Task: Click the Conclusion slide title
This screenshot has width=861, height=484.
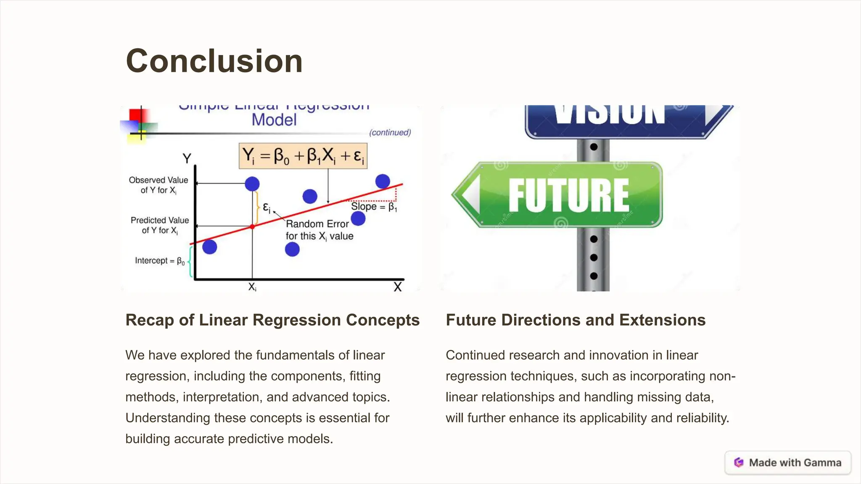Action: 214,61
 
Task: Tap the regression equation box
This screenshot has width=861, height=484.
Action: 303,156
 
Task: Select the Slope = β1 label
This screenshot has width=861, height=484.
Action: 374,207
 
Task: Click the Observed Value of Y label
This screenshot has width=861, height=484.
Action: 158,185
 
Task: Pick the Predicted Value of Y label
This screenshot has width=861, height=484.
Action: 160,225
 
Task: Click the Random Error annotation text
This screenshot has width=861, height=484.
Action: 319,230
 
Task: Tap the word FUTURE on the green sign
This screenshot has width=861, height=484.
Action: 568,195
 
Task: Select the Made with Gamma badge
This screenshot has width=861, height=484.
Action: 788,463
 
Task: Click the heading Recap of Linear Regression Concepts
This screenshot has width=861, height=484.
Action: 272,320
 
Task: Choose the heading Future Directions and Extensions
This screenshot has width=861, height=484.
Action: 576,320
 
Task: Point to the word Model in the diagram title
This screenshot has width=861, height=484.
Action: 274,120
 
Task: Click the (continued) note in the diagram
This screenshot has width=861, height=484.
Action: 390,133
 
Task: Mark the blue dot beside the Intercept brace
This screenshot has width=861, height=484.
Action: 209,247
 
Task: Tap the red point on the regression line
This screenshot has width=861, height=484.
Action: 252,226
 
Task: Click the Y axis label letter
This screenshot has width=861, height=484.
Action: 187,158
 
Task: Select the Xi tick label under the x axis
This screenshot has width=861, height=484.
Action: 252,287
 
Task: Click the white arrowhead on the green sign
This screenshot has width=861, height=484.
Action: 471,195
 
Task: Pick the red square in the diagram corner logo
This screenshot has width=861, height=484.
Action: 137,115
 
